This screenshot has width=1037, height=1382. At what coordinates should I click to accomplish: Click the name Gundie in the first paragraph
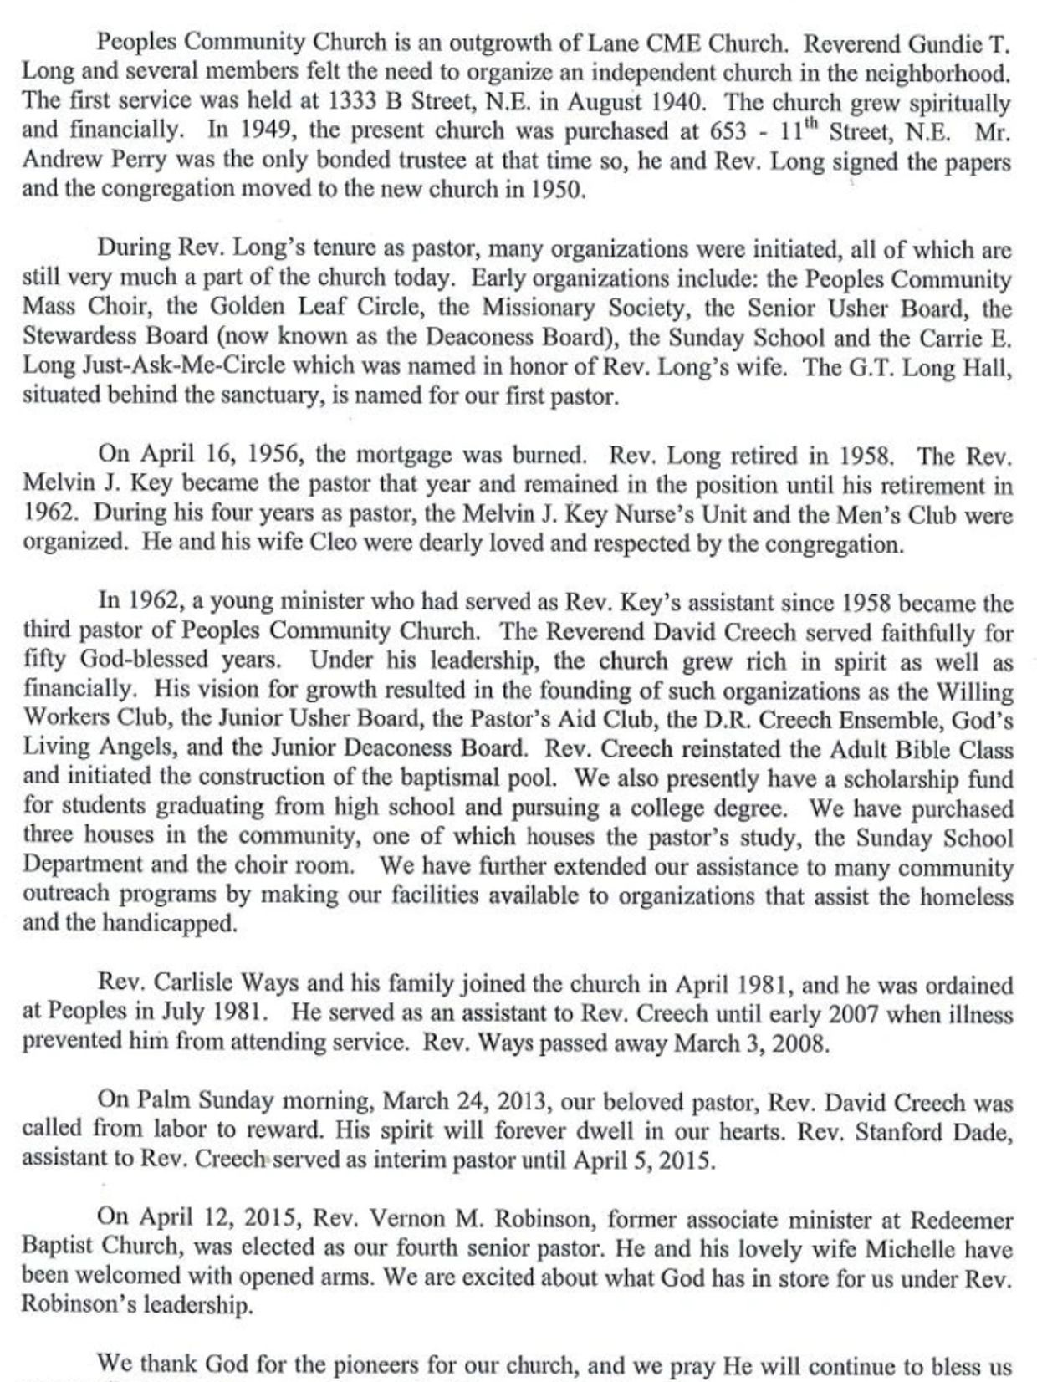[x=953, y=41]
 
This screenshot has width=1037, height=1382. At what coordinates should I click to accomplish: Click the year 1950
[x=554, y=190]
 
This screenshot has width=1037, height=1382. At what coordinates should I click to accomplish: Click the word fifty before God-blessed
[x=46, y=660]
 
